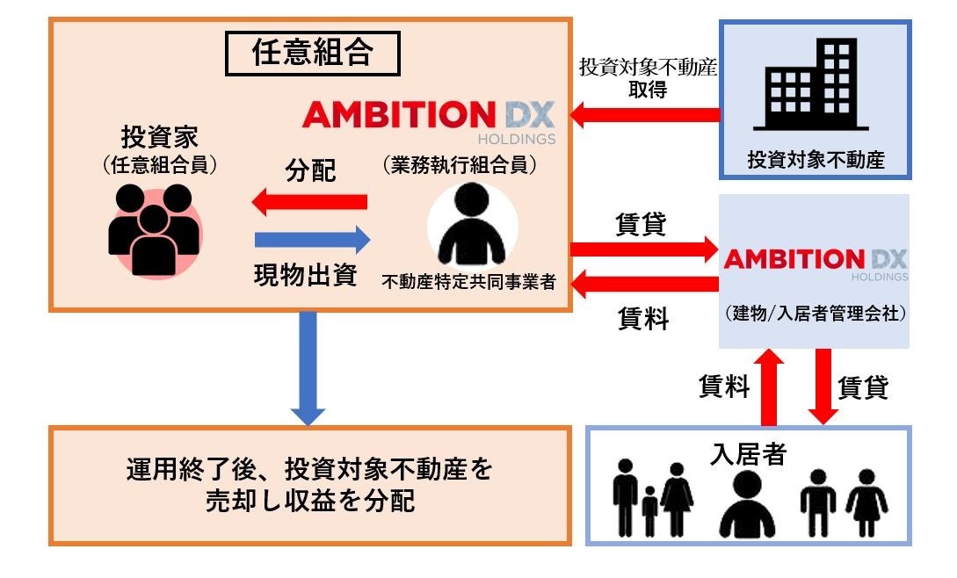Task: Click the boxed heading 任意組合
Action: (x=312, y=54)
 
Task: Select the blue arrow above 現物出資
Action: (x=312, y=238)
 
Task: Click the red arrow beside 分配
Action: (x=308, y=203)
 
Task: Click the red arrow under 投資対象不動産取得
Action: (x=645, y=114)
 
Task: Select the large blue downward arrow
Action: (x=308, y=365)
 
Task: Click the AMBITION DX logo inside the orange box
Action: (x=429, y=119)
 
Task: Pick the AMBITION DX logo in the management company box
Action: (x=815, y=261)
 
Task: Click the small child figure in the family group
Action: (x=649, y=510)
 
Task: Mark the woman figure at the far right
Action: (x=866, y=502)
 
